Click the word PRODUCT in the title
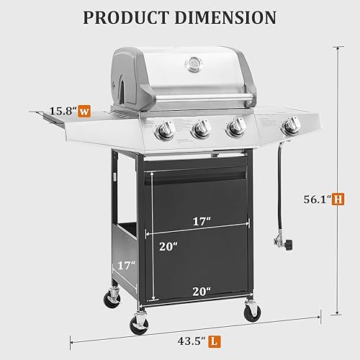(127, 17)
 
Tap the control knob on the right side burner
(292, 127)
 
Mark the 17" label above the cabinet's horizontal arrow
(202, 222)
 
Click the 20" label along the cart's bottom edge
(201, 291)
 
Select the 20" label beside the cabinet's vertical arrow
(168, 247)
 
